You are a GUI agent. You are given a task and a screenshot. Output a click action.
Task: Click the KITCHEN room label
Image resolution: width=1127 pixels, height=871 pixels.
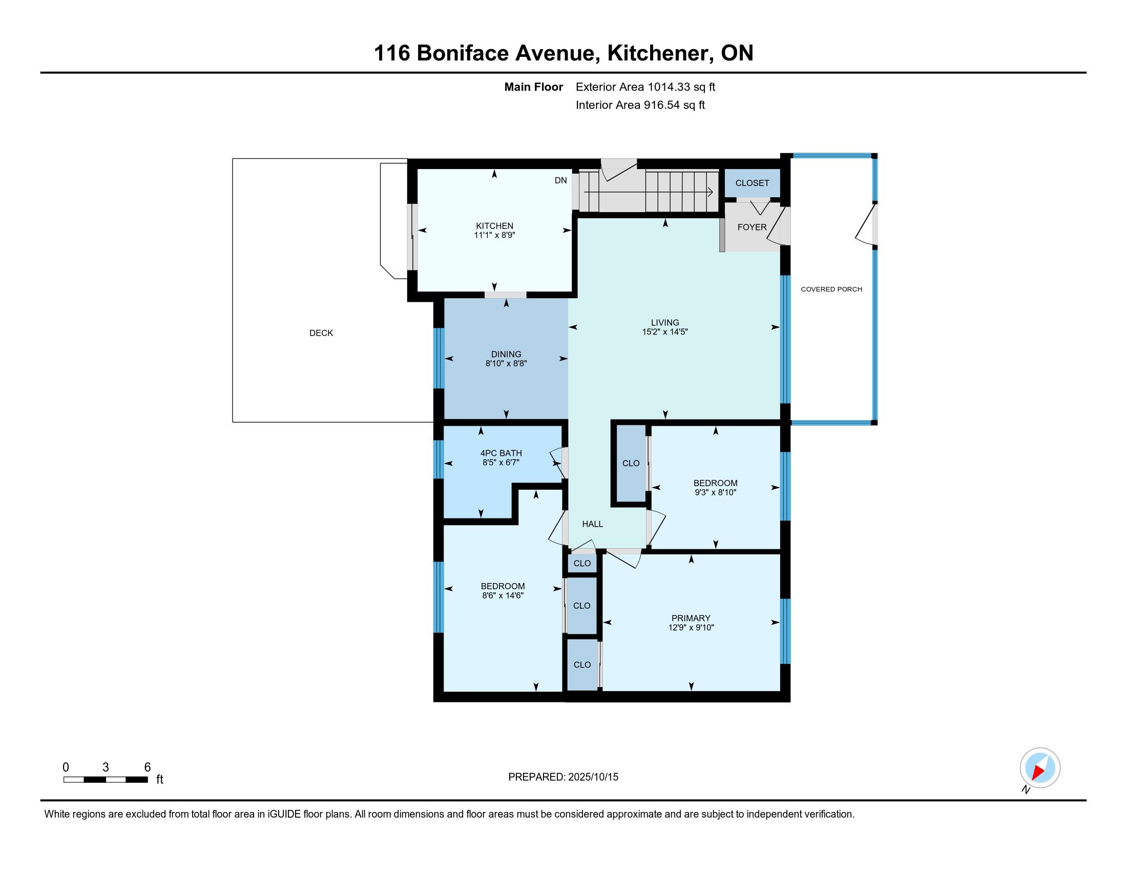click(x=494, y=225)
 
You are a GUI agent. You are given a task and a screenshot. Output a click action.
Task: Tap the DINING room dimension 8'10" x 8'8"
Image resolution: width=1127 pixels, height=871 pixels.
click(x=506, y=363)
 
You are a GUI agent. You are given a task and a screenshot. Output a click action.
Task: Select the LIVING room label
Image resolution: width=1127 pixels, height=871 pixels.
click(x=664, y=322)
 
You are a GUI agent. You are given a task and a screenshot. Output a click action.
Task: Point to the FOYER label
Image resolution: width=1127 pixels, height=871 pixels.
click(x=752, y=227)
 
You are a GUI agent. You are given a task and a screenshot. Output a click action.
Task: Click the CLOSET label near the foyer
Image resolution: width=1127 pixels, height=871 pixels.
click(x=752, y=183)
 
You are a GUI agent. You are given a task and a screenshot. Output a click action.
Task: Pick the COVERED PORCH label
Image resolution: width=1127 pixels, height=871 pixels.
click(x=831, y=289)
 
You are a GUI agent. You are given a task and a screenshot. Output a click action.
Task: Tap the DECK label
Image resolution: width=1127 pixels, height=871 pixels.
click(x=321, y=334)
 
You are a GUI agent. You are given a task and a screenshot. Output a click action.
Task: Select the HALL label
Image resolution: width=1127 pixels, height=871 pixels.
click(x=592, y=524)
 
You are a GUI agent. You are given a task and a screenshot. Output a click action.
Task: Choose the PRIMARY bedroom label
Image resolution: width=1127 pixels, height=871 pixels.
click(x=691, y=618)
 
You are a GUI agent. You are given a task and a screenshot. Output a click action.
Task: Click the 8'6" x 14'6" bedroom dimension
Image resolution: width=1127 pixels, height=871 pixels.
click(x=503, y=595)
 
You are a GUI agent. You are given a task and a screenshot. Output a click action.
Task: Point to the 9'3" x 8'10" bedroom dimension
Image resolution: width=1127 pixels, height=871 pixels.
click(x=715, y=492)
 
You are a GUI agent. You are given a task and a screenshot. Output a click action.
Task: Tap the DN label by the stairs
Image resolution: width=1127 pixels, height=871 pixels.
click(x=560, y=180)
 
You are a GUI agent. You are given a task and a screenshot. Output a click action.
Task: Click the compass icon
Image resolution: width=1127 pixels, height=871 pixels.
click(x=1040, y=768)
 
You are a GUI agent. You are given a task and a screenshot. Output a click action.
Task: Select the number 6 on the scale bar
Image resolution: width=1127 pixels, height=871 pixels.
click(x=147, y=768)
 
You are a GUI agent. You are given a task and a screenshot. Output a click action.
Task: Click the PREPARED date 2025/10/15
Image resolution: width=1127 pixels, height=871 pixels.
click(x=593, y=777)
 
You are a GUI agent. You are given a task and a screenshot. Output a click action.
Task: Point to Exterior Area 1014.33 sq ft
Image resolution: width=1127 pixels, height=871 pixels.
click(x=645, y=87)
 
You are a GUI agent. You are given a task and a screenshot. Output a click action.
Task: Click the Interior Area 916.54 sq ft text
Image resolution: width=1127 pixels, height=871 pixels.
click(x=640, y=105)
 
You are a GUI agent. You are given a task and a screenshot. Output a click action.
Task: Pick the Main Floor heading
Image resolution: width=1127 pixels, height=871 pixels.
click(x=533, y=87)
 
